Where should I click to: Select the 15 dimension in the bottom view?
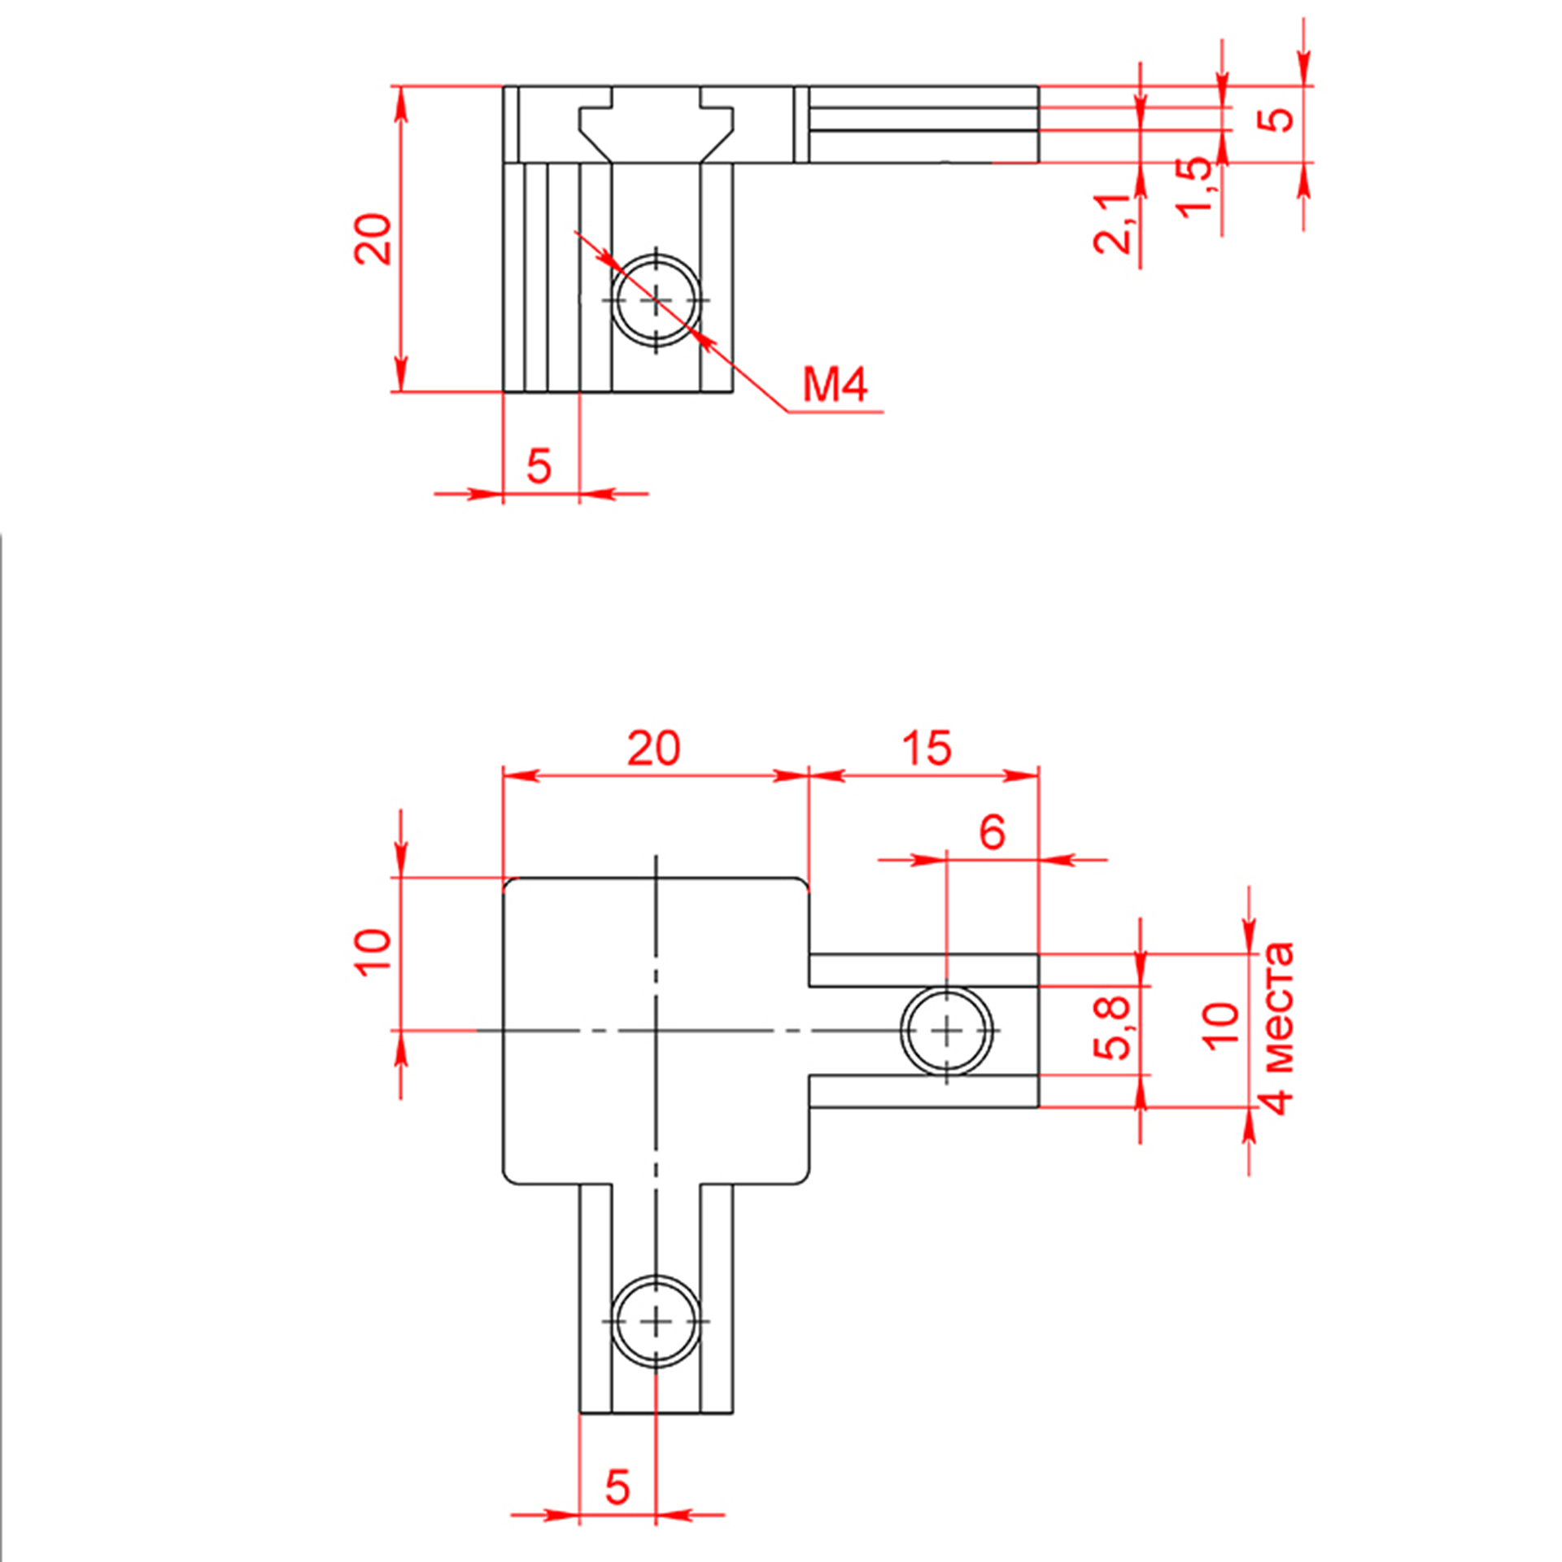tap(927, 748)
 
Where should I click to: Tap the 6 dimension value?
tap(993, 831)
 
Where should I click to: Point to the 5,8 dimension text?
tap(1111, 1028)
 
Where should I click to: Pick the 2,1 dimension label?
tap(1112, 224)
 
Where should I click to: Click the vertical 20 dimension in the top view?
tap(373, 239)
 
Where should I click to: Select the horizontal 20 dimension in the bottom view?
tap(653, 748)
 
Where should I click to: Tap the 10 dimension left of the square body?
tap(373, 951)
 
